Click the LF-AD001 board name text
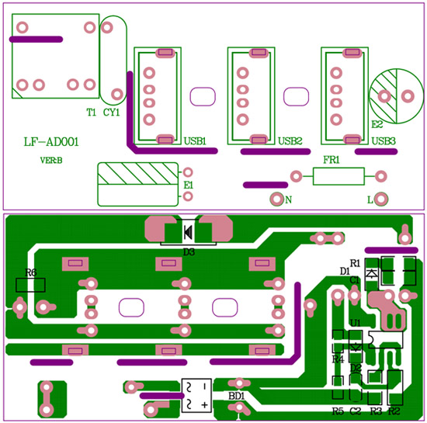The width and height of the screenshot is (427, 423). (x=51, y=142)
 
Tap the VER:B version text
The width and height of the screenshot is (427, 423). (x=51, y=161)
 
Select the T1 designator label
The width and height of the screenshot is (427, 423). (x=92, y=112)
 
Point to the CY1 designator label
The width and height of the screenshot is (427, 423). (x=111, y=112)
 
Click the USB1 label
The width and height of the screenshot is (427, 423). (x=195, y=141)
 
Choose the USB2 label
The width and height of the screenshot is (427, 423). (x=290, y=141)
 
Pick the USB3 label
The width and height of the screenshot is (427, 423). (x=384, y=141)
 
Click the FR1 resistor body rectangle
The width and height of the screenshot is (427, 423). (x=338, y=176)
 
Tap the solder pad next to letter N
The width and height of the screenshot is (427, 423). (x=276, y=199)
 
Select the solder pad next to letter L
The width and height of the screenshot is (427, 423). (x=381, y=199)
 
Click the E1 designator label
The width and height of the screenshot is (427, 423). (x=188, y=185)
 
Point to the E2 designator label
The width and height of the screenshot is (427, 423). (x=377, y=124)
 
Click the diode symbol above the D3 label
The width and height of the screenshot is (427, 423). (x=188, y=232)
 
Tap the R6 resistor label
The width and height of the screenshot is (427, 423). (x=30, y=272)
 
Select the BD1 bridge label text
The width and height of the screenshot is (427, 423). (x=236, y=396)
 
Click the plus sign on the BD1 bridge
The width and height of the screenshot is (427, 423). (x=204, y=405)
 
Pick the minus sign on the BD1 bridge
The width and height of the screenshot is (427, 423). (x=204, y=387)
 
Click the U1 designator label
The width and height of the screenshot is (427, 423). (x=355, y=323)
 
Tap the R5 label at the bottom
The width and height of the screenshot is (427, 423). (x=338, y=411)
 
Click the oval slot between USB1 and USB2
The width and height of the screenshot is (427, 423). (x=203, y=96)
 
